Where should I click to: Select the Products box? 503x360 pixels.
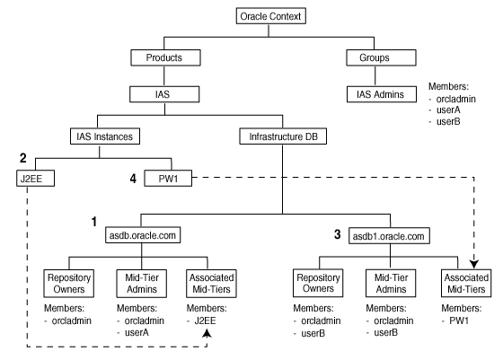[158, 57]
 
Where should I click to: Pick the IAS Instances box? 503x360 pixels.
[101, 137]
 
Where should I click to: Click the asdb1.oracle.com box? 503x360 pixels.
[388, 236]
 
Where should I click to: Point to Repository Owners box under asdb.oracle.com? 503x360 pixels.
[69, 283]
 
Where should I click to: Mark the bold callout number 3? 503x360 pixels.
[337, 234]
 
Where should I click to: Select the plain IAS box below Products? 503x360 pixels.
[158, 92]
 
